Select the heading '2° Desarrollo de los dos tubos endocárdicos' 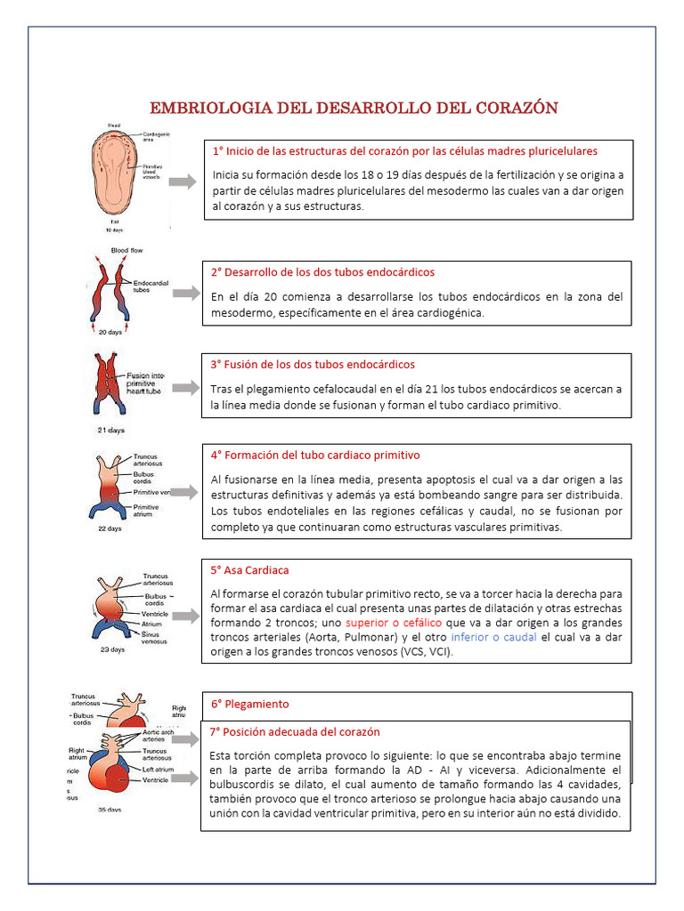[x=322, y=272]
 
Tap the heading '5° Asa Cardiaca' [x=249, y=570]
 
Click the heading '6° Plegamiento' [x=249, y=704]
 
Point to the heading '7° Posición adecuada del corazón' [x=295, y=732]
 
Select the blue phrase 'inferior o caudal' [x=493, y=638]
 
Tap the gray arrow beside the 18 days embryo [x=183, y=181]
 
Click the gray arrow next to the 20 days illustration [x=186, y=293]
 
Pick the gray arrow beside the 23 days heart [x=185, y=616]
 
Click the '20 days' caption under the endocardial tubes [x=110, y=332]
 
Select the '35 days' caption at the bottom [x=110, y=810]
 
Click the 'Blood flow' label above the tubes [x=126, y=251]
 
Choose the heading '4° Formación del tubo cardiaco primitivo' [x=315, y=455]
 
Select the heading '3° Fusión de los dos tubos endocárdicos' [x=313, y=365]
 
